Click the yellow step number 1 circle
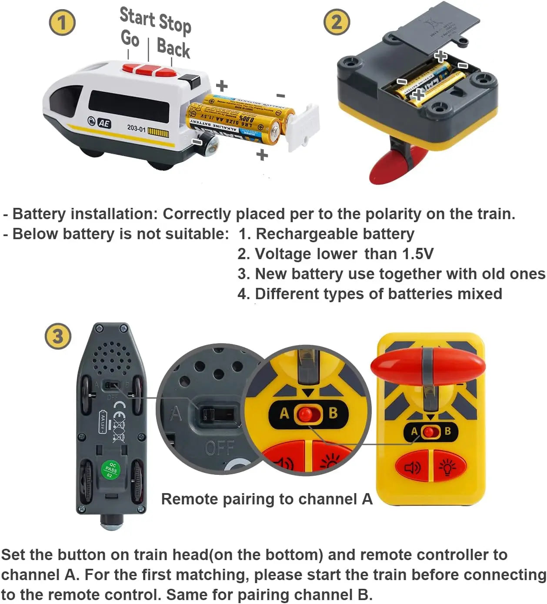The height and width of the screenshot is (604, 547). coord(62,23)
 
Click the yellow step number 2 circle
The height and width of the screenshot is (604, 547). coord(337,22)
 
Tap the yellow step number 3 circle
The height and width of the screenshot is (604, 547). coord(58,336)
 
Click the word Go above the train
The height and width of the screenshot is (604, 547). coord(130,38)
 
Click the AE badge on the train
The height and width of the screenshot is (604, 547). coord(103,123)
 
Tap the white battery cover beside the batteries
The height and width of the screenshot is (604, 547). coord(304,126)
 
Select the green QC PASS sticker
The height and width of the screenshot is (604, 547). coord(110,470)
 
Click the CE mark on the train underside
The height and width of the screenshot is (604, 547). coord(119,407)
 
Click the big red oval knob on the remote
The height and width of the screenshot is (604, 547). coord(428,366)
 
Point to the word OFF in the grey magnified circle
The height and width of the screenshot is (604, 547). coord(220,447)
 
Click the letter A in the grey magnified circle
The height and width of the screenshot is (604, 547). coord(176,414)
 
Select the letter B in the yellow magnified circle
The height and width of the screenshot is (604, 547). coord(333,413)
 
